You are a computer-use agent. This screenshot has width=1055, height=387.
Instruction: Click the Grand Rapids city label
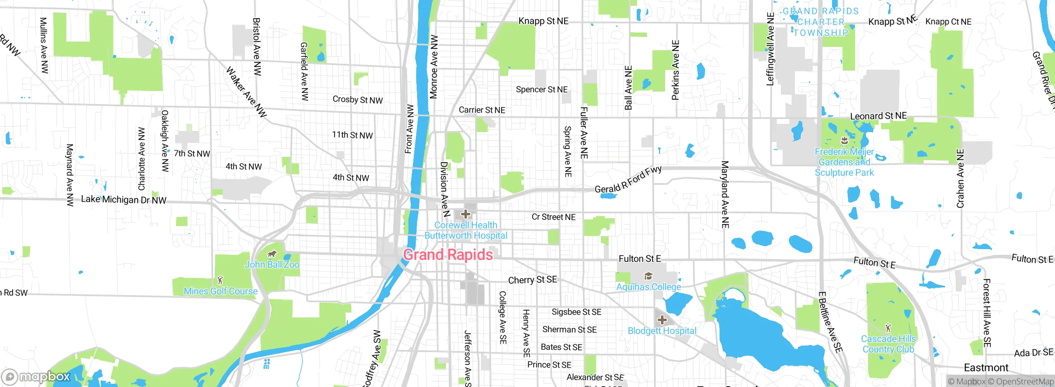pyautogui.click(x=448, y=255)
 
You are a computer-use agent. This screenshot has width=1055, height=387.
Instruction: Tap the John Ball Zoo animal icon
pyautogui.click(x=272, y=254)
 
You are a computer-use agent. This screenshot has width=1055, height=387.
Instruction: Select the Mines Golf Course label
pyautogui.click(x=220, y=291)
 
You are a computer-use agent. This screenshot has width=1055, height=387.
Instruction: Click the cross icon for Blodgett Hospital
pyautogui.click(x=662, y=320)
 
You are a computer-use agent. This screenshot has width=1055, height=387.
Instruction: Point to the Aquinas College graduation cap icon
pyautogui.click(x=648, y=276)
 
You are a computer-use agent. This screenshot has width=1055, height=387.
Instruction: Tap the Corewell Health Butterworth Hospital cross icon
pyautogui.click(x=466, y=214)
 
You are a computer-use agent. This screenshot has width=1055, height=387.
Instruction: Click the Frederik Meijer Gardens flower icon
pyautogui.click(x=844, y=141)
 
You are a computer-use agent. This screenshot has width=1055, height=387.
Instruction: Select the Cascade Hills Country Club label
pyautogui.click(x=888, y=344)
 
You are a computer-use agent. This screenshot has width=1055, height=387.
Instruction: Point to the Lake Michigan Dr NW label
pyautogui.click(x=124, y=200)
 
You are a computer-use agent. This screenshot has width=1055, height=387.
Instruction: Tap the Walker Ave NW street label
pyautogui.click(x=246, y=92)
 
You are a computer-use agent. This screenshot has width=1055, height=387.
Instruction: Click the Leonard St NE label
pyautogui.click(x=879, y=116)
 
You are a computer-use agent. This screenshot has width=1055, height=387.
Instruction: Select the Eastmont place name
pyautogui.click(x=986, y=367)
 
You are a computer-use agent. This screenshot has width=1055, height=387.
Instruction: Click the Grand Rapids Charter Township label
pyautogui.click(x=821, y=22)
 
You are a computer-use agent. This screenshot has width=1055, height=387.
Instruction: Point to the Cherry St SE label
pyautogui.click(x=532, y=280)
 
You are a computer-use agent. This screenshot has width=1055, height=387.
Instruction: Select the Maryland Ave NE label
pyautogui.click(x=725, y=194)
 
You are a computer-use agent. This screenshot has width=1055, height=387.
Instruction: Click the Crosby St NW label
pyautogui.click(x=358, y=100)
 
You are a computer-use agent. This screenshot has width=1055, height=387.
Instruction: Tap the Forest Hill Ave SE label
pyautogui.click(x=987, y=313)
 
